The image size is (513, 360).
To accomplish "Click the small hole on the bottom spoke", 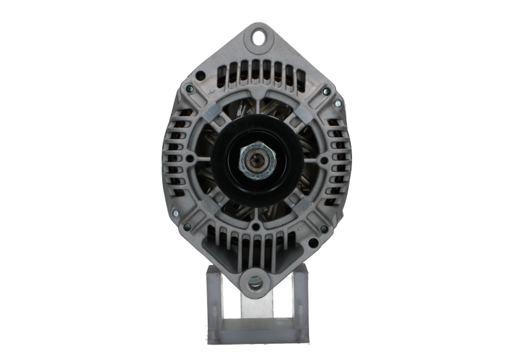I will point(256,225).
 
